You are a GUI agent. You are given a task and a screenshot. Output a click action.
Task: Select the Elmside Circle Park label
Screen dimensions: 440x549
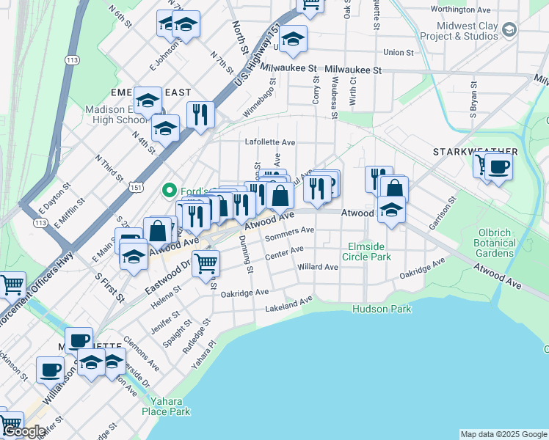[x=366, y=252]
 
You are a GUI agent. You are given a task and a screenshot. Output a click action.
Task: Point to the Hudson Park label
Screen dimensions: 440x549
[x=382, y=309]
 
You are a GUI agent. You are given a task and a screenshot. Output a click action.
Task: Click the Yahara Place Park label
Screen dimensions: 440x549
[x=170, y=406]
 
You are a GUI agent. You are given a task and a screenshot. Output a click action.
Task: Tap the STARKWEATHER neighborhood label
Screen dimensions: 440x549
[x=475, y=152]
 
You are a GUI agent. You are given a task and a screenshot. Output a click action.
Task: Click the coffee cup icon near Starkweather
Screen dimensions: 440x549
[x=499, y=166]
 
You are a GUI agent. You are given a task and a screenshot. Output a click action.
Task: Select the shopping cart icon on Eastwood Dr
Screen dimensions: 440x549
[x=206, y=263]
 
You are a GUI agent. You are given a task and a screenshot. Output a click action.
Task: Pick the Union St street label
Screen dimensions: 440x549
[x=399, y=53]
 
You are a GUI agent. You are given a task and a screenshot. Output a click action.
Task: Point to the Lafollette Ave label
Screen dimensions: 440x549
[x=270, y=142]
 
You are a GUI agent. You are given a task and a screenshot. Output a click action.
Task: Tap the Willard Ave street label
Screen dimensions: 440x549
[x=318, y=267]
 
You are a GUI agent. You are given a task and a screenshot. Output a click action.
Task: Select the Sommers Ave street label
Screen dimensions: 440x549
[x=289, y=233]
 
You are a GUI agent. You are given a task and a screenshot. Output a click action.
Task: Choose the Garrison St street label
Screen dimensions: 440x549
[x=443, y=213]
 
